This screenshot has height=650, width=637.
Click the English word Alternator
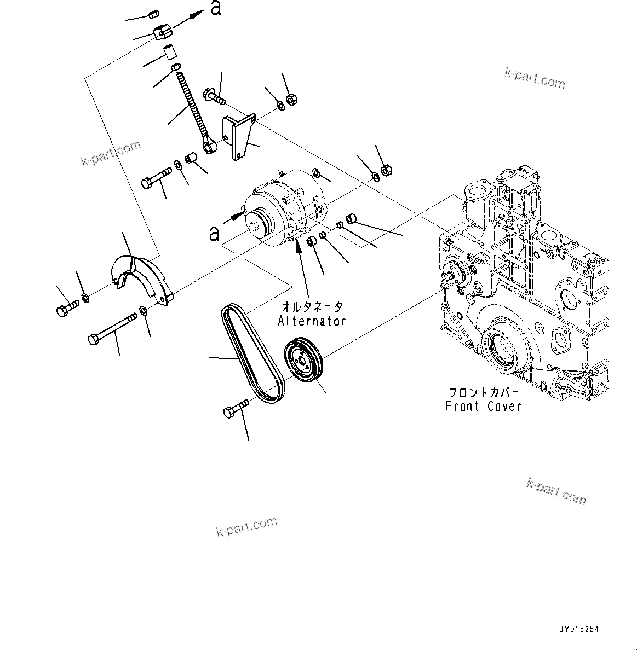coord(312,321)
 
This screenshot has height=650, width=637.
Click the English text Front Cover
coord(483,406)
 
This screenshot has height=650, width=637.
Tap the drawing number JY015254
coord(578,630)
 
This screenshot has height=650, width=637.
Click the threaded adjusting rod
coord(192,112)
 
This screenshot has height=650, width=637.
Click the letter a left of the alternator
coord(215,234)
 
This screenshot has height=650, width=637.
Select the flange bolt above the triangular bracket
coord(214,97)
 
